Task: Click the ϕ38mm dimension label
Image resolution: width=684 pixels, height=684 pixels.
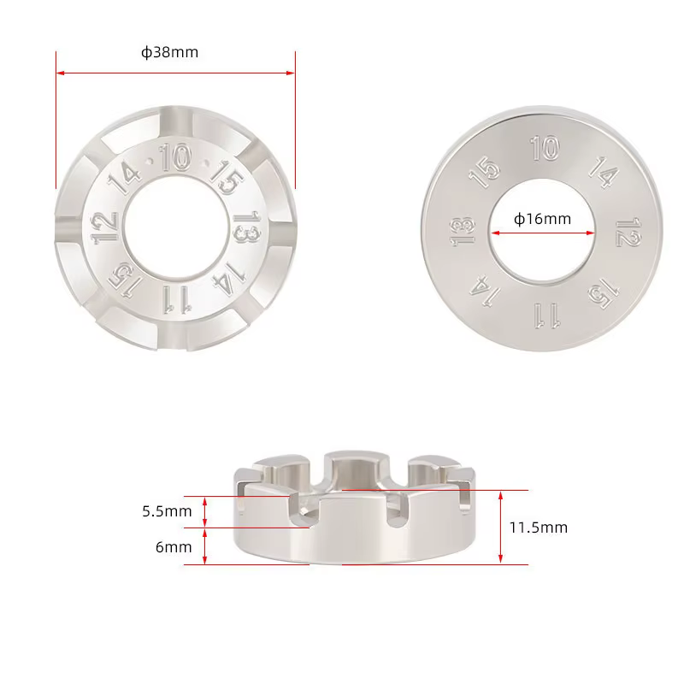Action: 169,52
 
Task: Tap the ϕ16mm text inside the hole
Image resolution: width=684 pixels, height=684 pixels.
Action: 542,219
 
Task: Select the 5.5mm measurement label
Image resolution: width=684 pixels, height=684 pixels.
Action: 167,510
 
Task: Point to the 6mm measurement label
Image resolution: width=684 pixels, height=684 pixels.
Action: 174,547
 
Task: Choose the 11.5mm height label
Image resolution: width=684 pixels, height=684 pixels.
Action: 539,528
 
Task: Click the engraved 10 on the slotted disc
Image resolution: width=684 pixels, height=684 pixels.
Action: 175,157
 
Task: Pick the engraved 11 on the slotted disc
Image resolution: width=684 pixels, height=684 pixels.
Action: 177,299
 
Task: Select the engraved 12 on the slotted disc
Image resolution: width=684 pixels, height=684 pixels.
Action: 105,227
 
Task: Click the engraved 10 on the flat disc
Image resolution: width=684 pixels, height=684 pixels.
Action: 545,148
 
